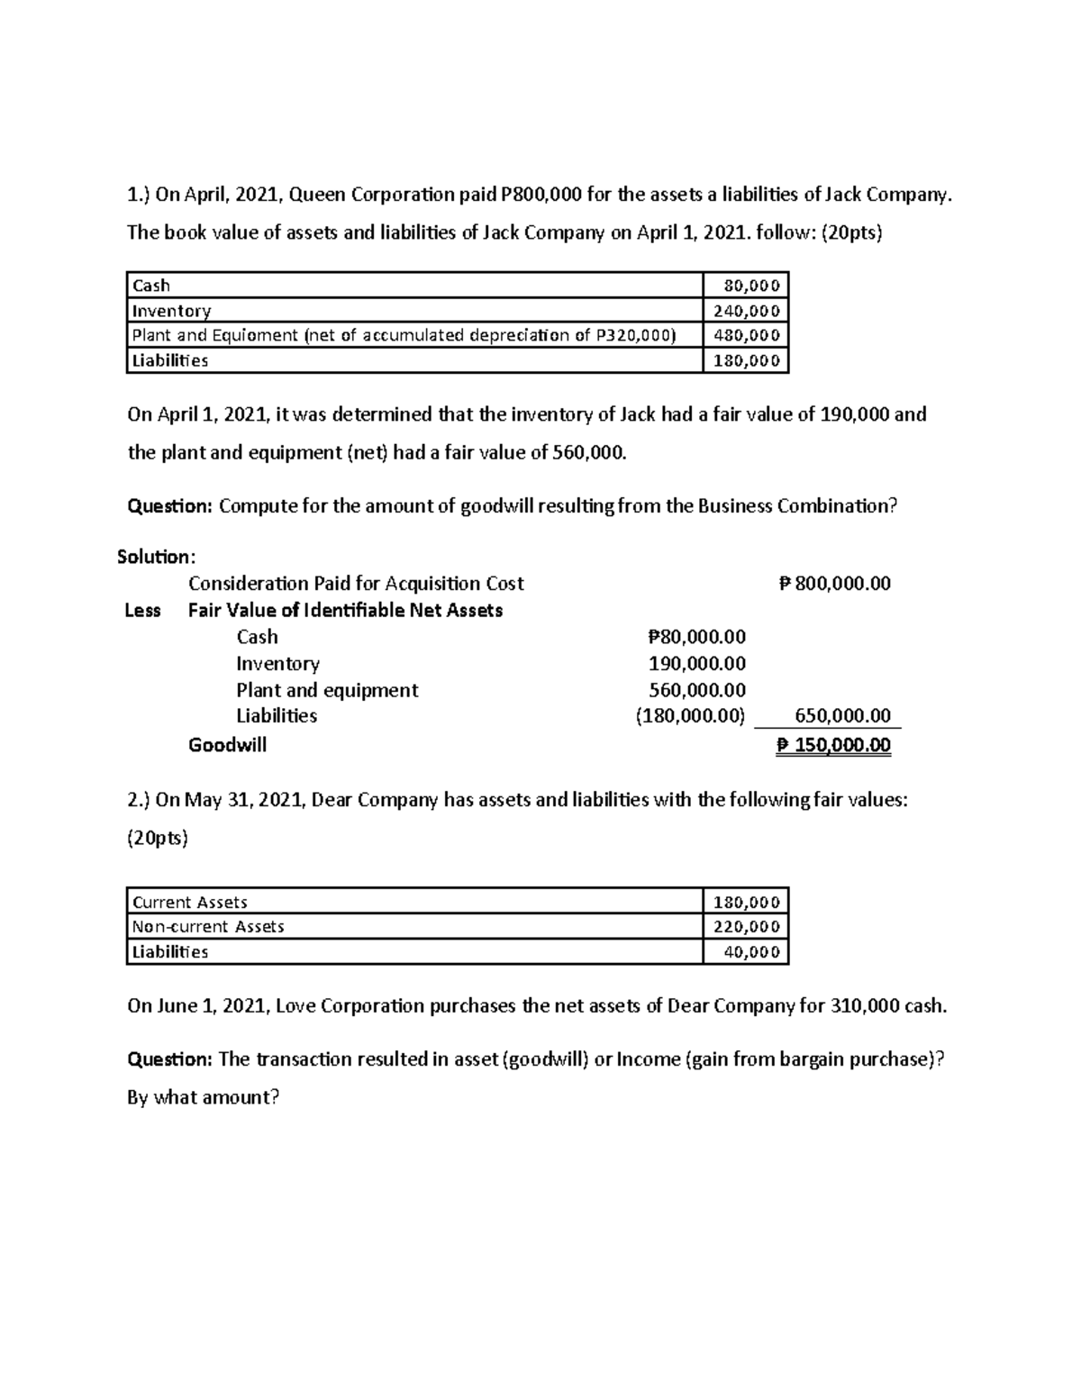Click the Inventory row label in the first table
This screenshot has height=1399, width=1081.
pyautogui.click(x=171, y=311)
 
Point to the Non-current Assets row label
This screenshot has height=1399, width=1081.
pyautogui.click(x=208, y=926)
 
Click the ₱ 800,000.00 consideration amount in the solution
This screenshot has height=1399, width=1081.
pyautogui.click(x=834, y=584)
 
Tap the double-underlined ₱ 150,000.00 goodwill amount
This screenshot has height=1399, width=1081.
pyautogui.click(x=834, y=745)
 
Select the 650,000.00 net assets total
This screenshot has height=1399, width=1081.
pyautogui.click(x=842, y=716)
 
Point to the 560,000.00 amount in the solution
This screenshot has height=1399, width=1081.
pyautogui.click(x=697, y=690)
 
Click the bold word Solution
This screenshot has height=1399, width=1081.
pyautogui.click(x=155, y=557)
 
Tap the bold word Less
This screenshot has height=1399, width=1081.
pyautogui.click(x=142, y=611)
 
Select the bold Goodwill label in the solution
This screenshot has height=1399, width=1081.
pyautogui.click(x=227, y=745)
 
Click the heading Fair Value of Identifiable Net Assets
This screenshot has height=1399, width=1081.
pyautogui.click(x=345, y=611)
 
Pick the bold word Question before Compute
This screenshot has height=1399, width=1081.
pyautogui.click(x=169, y=505)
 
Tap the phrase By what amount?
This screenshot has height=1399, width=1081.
pyautogui.click(x=204, y=1097)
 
